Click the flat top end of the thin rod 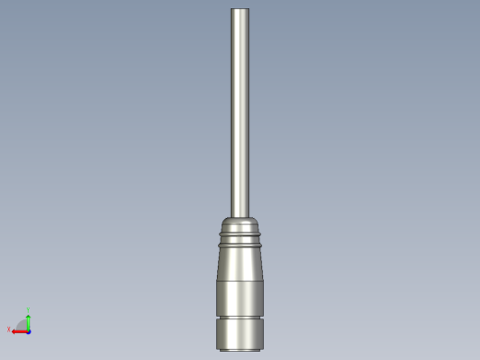click(240, 9)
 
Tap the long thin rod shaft click(240, 111)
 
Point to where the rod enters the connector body click(240, 216)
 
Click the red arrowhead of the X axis click(13, 331)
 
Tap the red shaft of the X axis click(20, 331)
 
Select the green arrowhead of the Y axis click(29, 317)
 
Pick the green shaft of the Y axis click(29, 324)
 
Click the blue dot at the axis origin click(29, 331)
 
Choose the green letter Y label click(29, 310)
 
